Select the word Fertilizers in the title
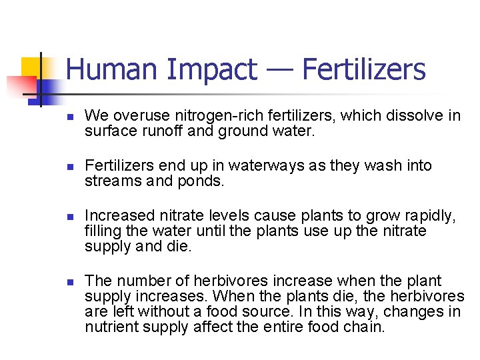tap(363, 69)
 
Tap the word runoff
tap(161, 131)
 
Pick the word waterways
tap(246, 165)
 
